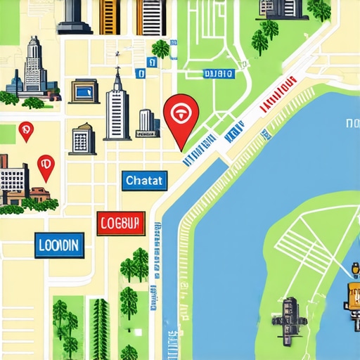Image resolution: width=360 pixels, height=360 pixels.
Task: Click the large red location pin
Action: click(x=181, y=115)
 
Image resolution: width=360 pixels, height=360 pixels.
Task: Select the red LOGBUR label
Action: click(x=121, y=223)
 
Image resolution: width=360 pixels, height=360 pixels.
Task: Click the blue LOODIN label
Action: click(x=59, y=245)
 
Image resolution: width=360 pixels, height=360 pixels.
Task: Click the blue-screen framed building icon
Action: click(x=84, y=91)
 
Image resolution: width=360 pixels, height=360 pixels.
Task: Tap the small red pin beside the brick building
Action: click(x=46, y=166)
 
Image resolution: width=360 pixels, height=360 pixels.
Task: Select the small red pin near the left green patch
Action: click(x=26, y=130)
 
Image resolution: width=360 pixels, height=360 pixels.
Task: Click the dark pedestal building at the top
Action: click(x=75, y=17)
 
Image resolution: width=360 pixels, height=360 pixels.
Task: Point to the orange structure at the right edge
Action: click(x=352, y=295)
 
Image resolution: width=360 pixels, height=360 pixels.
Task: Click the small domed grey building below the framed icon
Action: click(x=82, y=139)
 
